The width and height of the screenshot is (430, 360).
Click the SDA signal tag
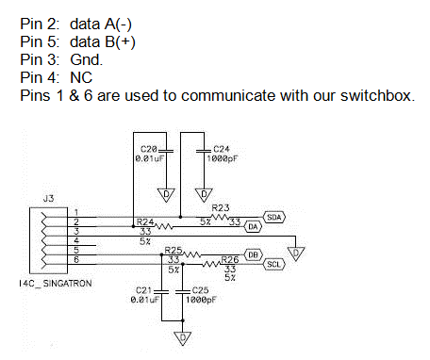pyautogui.click(x=274, y=217)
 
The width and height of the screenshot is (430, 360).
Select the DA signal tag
pyautogui.click(x=253, y=227)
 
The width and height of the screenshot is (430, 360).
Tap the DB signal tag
pyautogui.click(x=253, y=254)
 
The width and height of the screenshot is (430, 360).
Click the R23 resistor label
pyautogui.click(x=221, y=207)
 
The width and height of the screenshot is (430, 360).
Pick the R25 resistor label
pyautogui.click(x=173, y=250)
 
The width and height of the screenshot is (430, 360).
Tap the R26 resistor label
pyautogui.click(x=229, y=258)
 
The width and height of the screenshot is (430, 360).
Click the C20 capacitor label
pyautogui.click(x=147, y=149)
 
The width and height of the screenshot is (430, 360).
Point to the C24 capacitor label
pyautogui.click(x=222, y=149)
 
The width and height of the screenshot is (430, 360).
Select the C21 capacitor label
pyautogui.click(x=144, y=289)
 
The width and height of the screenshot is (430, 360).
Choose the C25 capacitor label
pyautogui.click(x=199, y=289)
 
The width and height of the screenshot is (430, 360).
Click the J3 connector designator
pyautogui.click(x=48, y=198)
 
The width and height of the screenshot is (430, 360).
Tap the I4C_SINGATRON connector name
pyautogui.click(x=55, y=281)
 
